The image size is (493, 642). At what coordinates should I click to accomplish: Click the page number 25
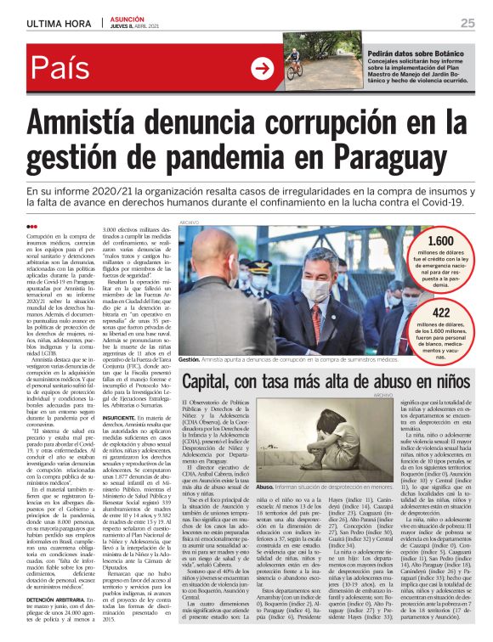[467, 23]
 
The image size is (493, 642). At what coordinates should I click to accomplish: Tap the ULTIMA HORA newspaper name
[59, 23]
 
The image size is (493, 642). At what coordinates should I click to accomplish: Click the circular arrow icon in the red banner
[261, 69]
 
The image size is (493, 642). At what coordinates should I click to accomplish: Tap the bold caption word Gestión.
[190, 360]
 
